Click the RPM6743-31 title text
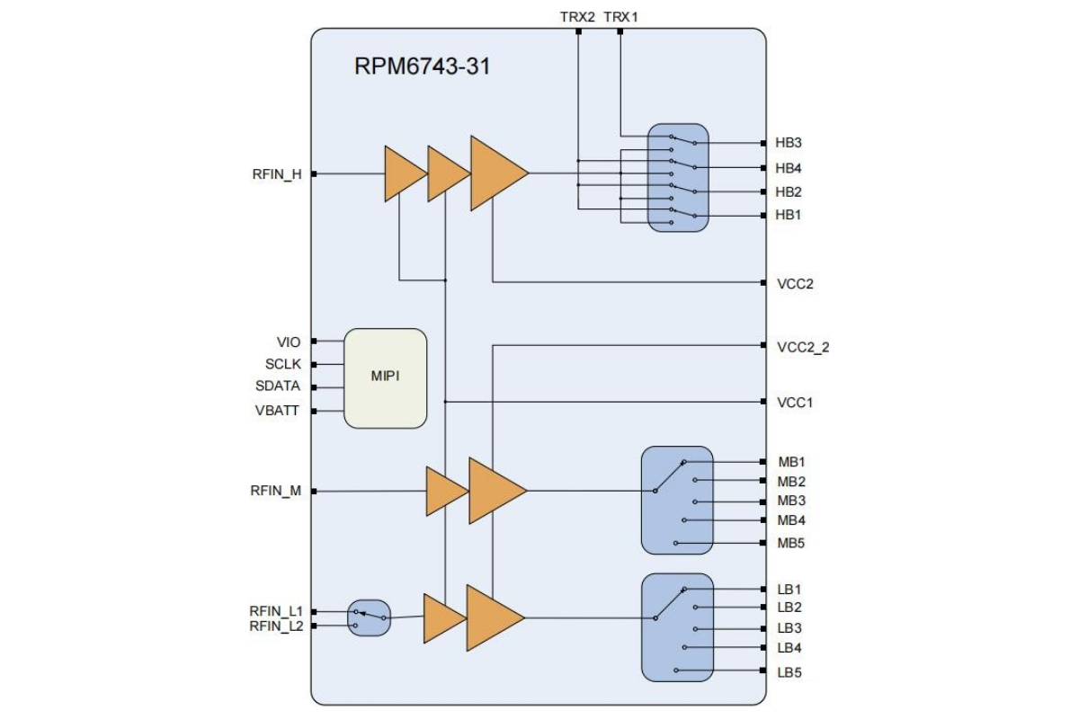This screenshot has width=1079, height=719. (x=422, y=66)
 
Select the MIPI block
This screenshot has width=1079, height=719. (x=386, y=377)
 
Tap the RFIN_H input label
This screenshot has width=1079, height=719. (x=277, y=174)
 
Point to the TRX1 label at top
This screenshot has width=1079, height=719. (x=620, y=16)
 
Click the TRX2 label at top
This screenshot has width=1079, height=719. (x=578, y=16)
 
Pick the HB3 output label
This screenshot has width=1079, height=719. (x=789, y=143)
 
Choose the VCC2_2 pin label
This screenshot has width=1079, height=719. (x=803, y=346)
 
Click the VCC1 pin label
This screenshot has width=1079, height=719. (x=795, y=402)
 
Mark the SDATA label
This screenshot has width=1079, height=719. (x=278, y=386)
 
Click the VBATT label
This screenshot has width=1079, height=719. (x=278, y=411)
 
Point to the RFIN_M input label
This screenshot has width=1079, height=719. (x=277, y=491)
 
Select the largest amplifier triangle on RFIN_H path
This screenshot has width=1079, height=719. (x=495, y=173)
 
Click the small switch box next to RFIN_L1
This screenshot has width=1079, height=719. (x=370, y=617)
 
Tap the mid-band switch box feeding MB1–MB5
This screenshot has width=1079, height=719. (x=677, y=500)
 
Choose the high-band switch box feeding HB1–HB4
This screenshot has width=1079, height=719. (x=678, y=178)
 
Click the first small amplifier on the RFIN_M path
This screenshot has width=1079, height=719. (x=444, y=491)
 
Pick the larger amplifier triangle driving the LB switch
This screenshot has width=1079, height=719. (x=492, y=617)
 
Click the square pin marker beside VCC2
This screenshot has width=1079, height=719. (x=763, y=282)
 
